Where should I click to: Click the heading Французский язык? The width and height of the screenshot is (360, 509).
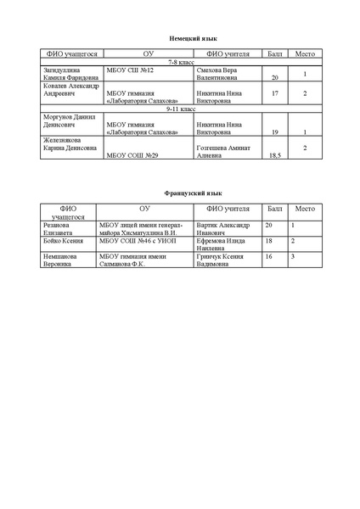tap(181, 194)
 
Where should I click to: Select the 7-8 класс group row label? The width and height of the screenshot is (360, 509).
tap(181, 63)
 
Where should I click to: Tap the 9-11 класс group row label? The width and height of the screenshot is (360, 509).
tap(181, 109)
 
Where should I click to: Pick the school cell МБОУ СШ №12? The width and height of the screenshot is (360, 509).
tap(128, 70)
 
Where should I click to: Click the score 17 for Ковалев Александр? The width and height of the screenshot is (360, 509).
tap(273, 92)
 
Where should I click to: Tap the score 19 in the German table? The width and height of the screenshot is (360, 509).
tap(273, 133)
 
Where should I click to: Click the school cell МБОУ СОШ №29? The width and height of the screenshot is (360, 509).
tap(136, 157)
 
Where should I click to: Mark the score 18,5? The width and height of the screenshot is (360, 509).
tap(273, 157)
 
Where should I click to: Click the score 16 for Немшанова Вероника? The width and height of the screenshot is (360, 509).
tap(269, 256)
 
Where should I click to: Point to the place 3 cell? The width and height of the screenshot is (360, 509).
tap(293, 256)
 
